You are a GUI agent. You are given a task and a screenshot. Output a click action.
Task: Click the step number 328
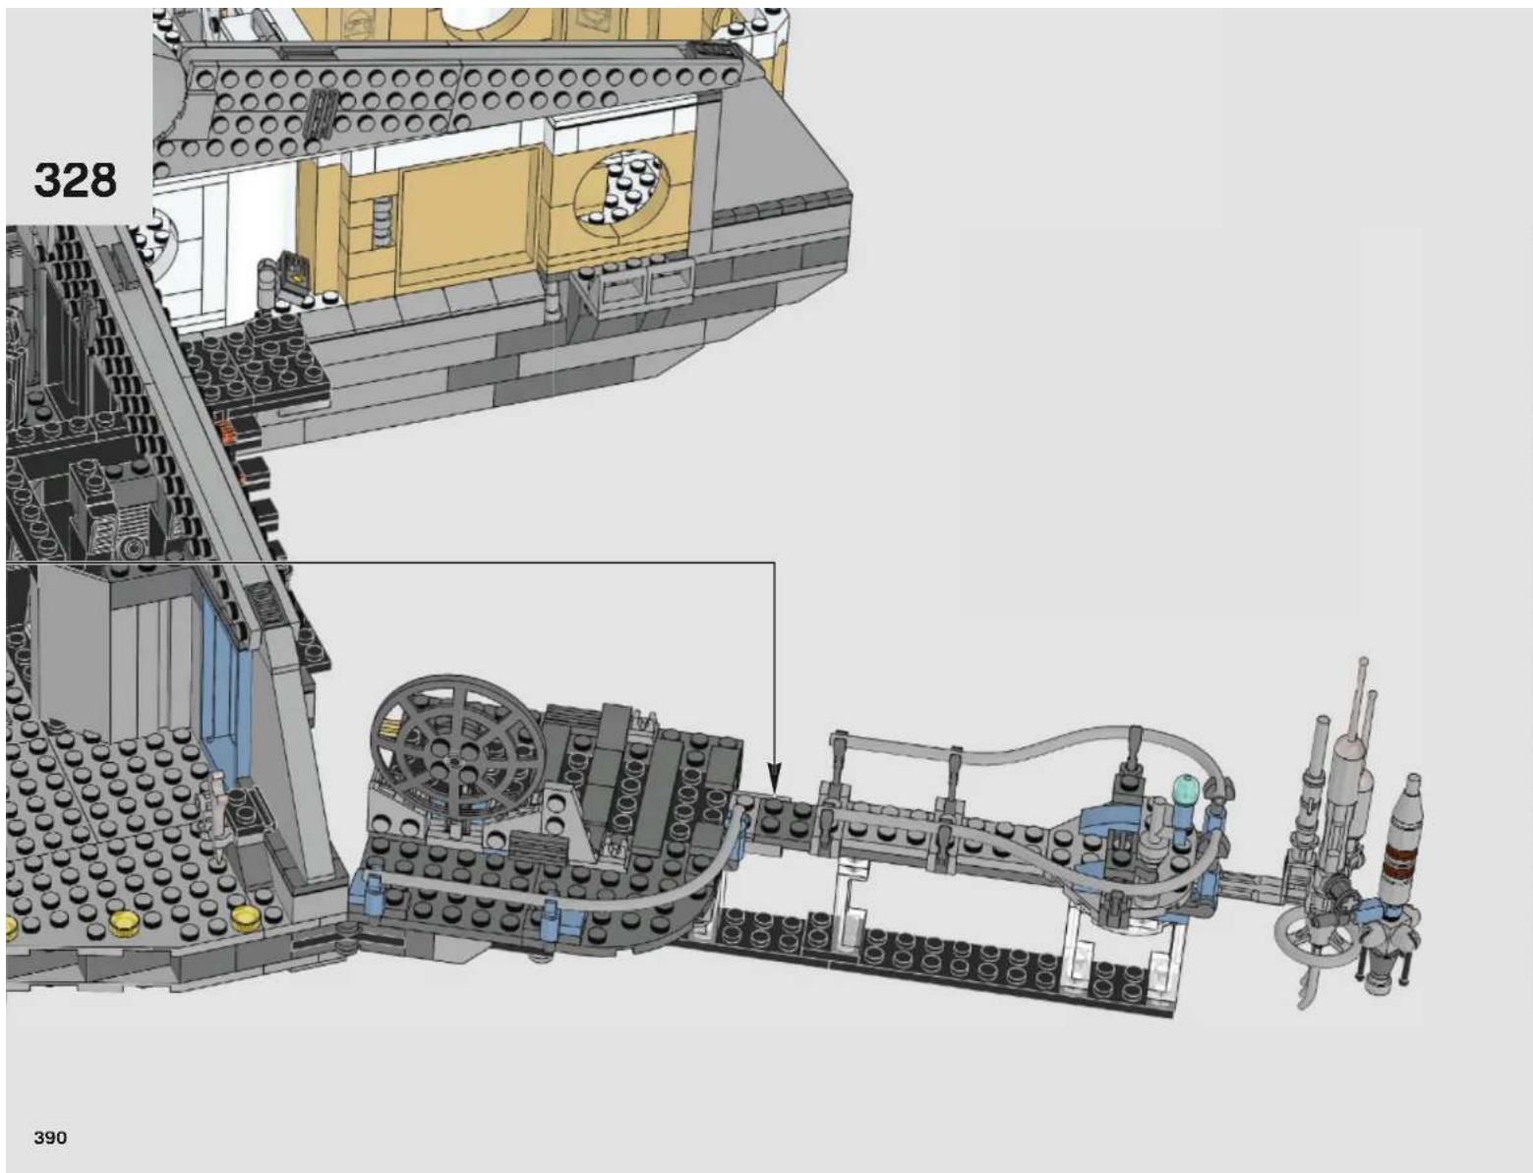click(x=75, y=181)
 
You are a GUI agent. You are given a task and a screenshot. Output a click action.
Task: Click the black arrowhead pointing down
click(x=775, y=778)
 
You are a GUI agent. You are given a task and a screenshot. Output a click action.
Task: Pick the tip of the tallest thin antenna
click(x=1363, y=659)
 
